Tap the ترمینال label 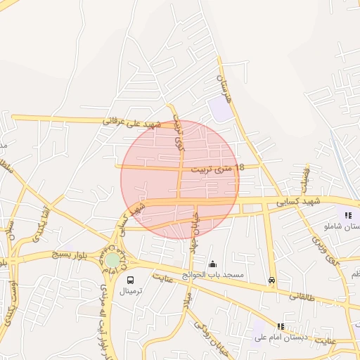[130, 290]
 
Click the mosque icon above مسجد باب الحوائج [212, 264]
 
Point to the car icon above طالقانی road [272, 280]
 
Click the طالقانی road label [304, 297]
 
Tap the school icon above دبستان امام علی [281, 326]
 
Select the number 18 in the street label [240, 167]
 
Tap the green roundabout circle [112, 259]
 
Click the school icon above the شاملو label [347, 215]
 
